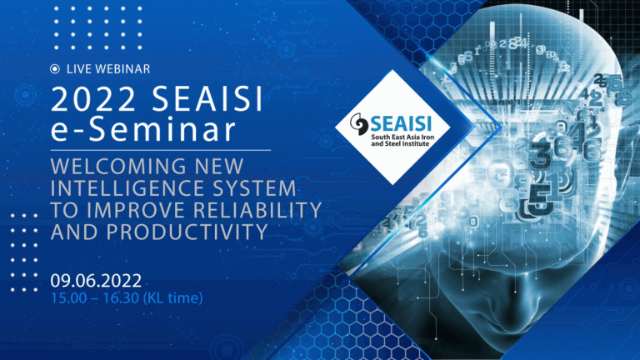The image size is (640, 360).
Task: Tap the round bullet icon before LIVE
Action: (55, 69)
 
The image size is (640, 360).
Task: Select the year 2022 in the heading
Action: (93, 99)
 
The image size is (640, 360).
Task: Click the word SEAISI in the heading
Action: (207, 99)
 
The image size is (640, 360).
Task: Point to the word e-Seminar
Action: (143, 129)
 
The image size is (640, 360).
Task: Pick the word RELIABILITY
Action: (257, 210)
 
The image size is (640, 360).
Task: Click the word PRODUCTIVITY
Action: (187, 232)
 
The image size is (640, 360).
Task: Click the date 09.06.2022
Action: (96, 280)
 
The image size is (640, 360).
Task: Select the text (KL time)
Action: (172, 298)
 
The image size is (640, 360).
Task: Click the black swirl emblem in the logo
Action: (359, 124)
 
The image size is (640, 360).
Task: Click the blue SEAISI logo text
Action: (401, 122)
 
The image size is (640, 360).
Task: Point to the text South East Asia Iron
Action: (402, 137)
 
